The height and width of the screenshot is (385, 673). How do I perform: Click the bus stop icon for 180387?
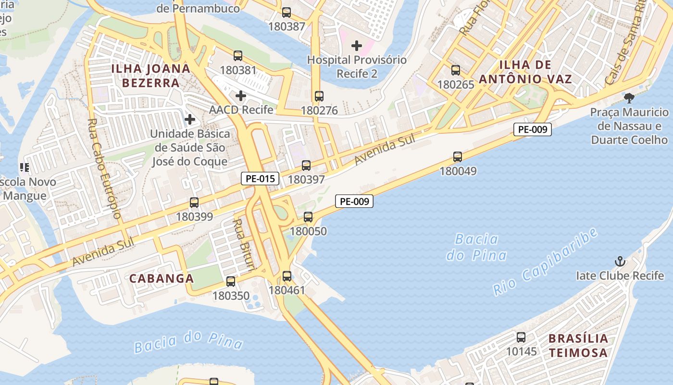[287, 13]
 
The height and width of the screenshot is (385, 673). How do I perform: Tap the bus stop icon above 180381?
[238, 55]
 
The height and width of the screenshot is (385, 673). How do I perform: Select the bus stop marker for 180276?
[319, 96]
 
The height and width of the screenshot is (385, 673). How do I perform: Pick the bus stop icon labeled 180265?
[456, 70]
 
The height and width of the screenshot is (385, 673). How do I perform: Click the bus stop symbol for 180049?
[458, 156]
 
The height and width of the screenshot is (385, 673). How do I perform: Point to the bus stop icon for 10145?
[521, 337]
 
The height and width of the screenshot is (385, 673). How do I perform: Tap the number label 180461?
[287, 290]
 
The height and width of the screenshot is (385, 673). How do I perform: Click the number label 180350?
[231, 295]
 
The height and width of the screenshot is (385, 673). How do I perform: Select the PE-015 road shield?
[260, 179]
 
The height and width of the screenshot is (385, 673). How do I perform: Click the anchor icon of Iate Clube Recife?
[621, 262]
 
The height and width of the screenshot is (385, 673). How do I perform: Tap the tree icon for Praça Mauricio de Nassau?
[629, 98]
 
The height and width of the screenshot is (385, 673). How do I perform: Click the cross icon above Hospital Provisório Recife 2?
[357, 46]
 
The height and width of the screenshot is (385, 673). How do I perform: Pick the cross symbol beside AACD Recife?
[241, 96]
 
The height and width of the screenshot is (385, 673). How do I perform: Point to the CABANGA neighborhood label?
[162, 278]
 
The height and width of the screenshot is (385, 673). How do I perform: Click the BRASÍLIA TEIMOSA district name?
[578, 345]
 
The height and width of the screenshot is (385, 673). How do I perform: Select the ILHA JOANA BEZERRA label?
[151, 75]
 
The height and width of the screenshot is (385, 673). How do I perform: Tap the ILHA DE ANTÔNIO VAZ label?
[536, 72]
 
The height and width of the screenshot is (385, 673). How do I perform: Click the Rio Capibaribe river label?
[546, 261]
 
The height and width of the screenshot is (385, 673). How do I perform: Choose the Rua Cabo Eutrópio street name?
[104, 168]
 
